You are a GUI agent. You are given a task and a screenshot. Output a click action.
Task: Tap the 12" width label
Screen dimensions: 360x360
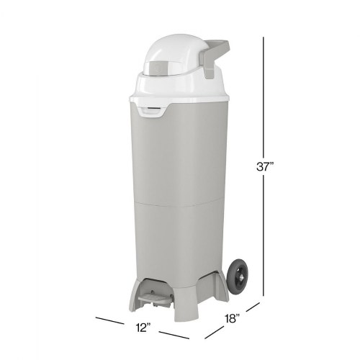point(143,328)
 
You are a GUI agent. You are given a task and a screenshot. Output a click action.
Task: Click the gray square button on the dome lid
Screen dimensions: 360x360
point(159,68)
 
